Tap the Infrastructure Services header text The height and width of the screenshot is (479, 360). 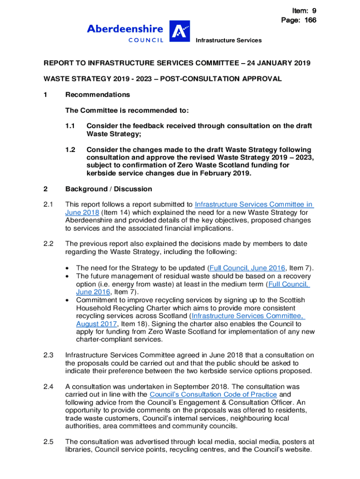[229, 41]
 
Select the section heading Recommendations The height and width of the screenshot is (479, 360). [98, 94]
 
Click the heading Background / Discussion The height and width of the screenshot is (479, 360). [108, 189]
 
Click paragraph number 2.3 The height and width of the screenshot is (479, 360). [49, 355]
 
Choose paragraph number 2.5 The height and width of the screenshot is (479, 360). [49, 442]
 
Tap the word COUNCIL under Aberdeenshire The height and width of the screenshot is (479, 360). [146, 41]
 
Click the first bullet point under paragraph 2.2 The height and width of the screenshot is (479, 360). [69, 268]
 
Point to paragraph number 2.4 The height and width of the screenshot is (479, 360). [49, 386]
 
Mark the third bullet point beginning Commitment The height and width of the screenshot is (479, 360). [69, 300]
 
